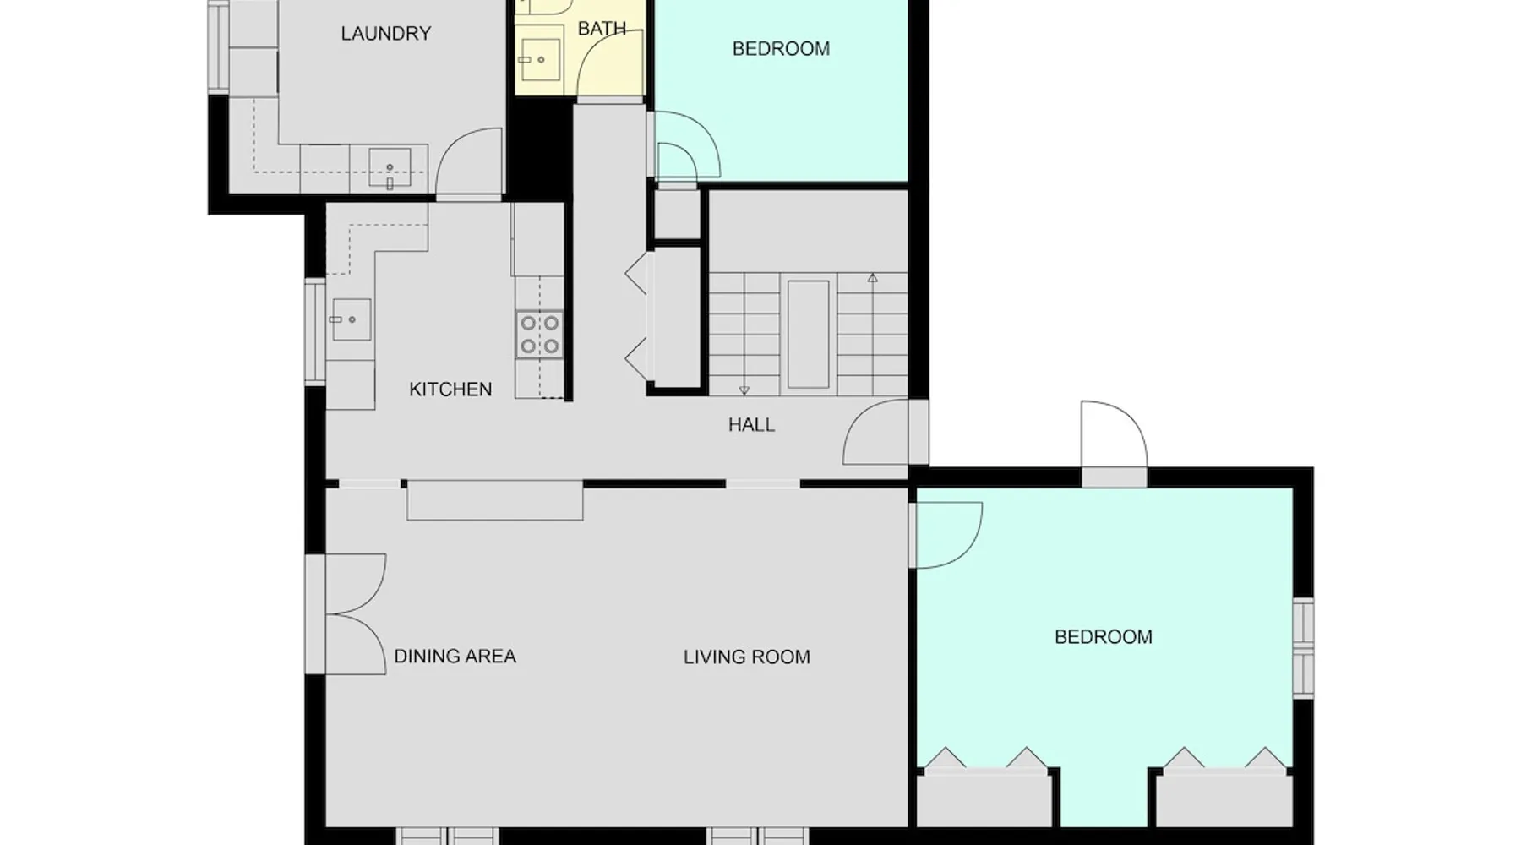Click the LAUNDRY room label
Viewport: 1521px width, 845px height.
pos(386,34)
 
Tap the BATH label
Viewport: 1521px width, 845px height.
pos(602,29)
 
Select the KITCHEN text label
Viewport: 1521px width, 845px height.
pos(450,390)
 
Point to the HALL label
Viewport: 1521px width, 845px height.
pos(751,425)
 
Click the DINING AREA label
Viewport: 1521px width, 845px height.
pos(455,657)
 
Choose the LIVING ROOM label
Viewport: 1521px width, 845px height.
pos(746,657)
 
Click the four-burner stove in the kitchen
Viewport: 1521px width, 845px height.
pos(540,335)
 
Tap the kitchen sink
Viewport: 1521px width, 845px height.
pos(351,319)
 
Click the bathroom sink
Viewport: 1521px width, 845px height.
pos(539,59)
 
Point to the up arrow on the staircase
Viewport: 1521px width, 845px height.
pos(873,277)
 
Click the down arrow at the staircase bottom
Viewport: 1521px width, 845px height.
pos(744,390)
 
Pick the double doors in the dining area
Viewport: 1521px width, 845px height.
pos(356,614)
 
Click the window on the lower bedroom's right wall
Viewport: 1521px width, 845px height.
pos(1304,647)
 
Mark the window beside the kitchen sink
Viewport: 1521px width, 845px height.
pos(315,330)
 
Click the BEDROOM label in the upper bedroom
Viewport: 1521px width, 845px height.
pos(781,49)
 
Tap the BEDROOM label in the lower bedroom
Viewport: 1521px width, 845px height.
pos(1104,637)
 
